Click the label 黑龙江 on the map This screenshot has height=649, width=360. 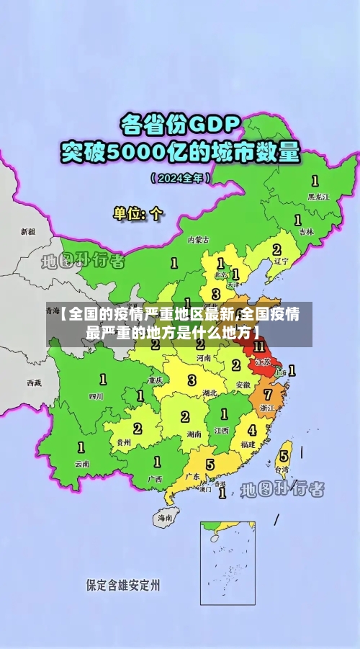coord(318,196)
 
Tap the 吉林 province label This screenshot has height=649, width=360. coord(307,231)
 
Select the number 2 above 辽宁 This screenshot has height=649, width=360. coord(276,249)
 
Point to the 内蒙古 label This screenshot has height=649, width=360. coord(199,239)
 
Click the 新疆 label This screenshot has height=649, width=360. coord(27,232)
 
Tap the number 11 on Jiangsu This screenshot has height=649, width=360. coord(259,346)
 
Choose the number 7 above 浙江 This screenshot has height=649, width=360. coord(268,395)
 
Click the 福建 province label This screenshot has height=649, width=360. coord(248,444)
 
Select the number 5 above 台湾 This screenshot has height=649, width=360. coord(284,455)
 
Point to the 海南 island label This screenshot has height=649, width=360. coord(165,517)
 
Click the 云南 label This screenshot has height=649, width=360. coord(82,464)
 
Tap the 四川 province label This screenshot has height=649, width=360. coord(96,395)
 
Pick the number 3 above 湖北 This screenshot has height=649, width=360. coord(192,380)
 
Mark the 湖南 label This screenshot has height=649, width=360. coord(193,434)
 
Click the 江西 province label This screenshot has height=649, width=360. coord(222,430)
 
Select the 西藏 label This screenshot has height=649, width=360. coord(34,382)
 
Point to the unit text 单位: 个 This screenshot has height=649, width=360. coord(138,213)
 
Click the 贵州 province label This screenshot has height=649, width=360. coord(124,443)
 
